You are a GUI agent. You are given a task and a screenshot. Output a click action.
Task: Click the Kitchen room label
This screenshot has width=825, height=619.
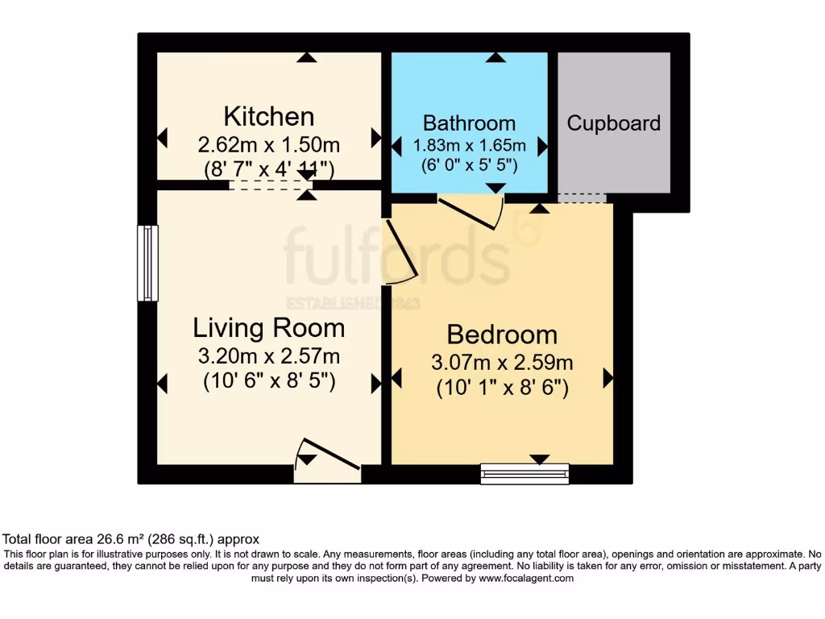tap(268, 117)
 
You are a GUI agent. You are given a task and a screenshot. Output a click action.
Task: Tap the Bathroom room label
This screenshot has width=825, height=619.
tap(469, 123)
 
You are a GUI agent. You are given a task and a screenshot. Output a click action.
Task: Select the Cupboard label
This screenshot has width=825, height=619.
tap(613, 123)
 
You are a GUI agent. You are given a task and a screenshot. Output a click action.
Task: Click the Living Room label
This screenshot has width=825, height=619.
tap(268, 328)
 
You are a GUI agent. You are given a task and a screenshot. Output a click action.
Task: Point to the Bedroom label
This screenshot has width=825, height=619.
tap(501, 334)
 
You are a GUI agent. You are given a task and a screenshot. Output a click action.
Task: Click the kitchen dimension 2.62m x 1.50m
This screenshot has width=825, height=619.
tap(268, 145)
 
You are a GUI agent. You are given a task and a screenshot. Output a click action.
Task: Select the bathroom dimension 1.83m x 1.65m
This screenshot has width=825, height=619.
tap(469, 146)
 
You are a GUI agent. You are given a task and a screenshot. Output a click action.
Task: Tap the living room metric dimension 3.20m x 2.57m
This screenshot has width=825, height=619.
tap(268, 355)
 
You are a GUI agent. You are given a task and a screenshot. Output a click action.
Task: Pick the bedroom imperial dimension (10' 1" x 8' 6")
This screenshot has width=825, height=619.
tap(503, 388)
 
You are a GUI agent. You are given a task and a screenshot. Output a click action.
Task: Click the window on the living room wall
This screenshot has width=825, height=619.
tap(147, 264)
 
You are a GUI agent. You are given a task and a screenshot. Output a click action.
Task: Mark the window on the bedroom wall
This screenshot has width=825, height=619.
tap(524, 473)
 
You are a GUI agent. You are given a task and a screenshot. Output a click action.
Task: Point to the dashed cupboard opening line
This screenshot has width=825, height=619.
tap(582, 199)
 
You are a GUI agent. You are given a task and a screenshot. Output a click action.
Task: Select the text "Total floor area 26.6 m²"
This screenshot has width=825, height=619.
tap(77, 539)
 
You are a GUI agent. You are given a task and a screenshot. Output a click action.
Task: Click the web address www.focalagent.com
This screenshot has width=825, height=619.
tap(525, 578)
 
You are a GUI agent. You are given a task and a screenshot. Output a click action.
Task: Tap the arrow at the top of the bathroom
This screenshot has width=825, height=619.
tap(495, 57)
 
